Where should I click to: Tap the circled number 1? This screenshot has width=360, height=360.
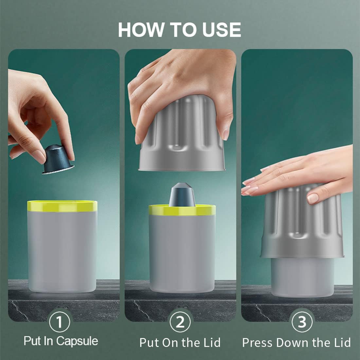click(59, 322)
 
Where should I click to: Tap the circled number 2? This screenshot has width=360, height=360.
click(180, 322)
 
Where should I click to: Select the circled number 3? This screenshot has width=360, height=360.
click(301, 322)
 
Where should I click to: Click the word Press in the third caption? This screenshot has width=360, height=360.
click(258, 343)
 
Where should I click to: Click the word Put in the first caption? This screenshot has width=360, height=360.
click(32, 341)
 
